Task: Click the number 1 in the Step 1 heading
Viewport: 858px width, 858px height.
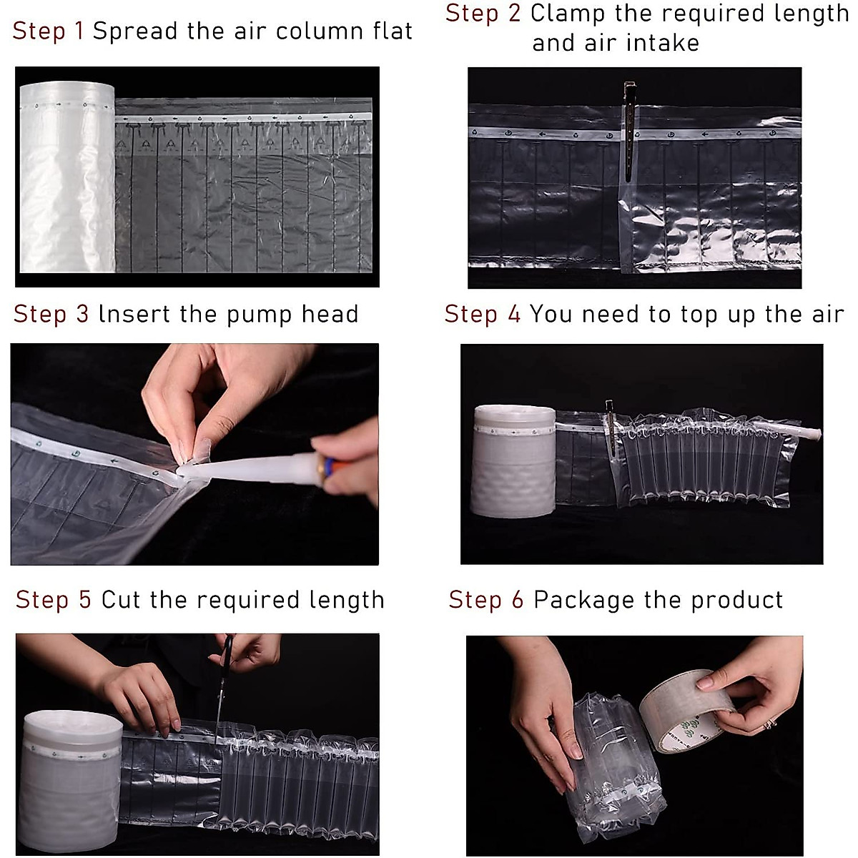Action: (x=79, y=31)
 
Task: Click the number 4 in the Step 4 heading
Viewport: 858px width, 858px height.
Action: (x=514, y=314)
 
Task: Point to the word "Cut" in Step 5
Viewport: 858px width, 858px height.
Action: (x=122, y=599)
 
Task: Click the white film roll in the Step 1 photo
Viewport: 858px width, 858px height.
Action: (x=66, y=177)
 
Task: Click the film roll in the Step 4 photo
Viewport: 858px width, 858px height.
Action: (x=513, y=462)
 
